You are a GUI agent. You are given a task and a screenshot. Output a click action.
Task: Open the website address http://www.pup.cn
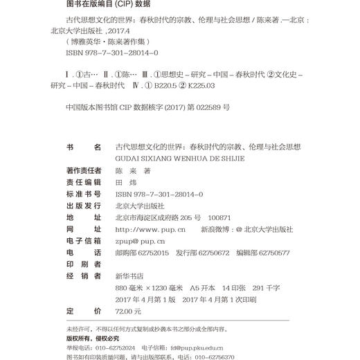tap(150, 229)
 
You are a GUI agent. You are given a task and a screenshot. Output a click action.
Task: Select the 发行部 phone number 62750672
tap(213, 253)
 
